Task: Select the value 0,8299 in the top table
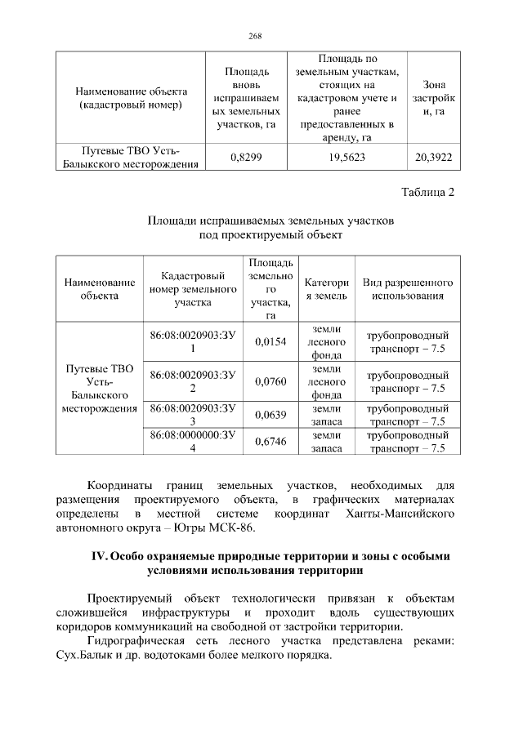(x=246, y=156)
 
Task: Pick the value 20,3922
(x=433, y=156)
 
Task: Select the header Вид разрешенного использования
(x=408, y=289)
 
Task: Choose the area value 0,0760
(x=270, y=381)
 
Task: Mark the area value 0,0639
(x=270, y=415)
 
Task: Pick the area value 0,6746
(x=270, y=442)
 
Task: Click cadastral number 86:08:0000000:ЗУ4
(x=193, y=442)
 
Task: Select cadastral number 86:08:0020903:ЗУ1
(x=193, y=342)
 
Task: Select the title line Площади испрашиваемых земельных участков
(x=271, y=220)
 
